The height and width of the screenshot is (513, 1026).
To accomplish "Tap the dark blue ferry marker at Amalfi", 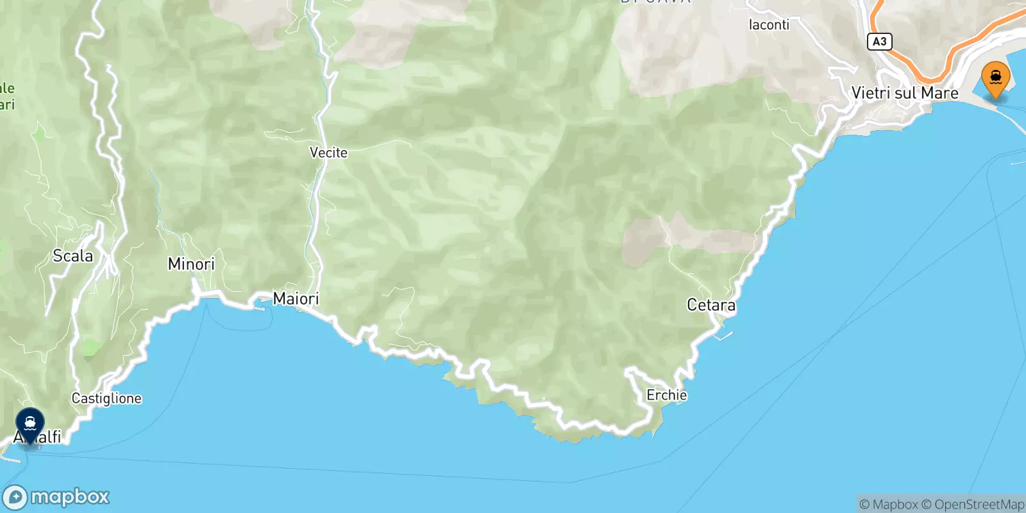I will coord(30,424).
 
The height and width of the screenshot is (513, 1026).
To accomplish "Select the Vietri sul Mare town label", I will coord(904,93).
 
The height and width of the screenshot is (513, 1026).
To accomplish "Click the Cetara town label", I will coord(711,305).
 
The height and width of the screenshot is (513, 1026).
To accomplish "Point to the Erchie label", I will coord(666,395).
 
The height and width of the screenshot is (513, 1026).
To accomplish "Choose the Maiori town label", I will coord(296,298).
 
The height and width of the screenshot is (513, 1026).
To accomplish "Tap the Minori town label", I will coord(191,264).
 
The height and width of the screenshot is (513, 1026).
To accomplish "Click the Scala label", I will coord(72,256).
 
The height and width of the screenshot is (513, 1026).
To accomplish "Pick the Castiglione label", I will coord(106,398).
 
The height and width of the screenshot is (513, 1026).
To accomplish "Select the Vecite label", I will coord(328,153).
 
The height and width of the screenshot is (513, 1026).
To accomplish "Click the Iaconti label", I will coord(769,25).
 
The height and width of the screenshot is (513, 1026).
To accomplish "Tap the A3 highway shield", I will coord(879,42).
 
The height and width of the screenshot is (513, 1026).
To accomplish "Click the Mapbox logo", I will coord(56,497).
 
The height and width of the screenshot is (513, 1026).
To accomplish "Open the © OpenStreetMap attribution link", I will coord(973,505).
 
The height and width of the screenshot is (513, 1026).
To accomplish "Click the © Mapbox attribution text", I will coord(889,505).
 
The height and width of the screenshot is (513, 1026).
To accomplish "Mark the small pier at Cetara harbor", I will coord(723,335).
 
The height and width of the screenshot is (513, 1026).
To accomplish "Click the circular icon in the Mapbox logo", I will coord(15,497).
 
